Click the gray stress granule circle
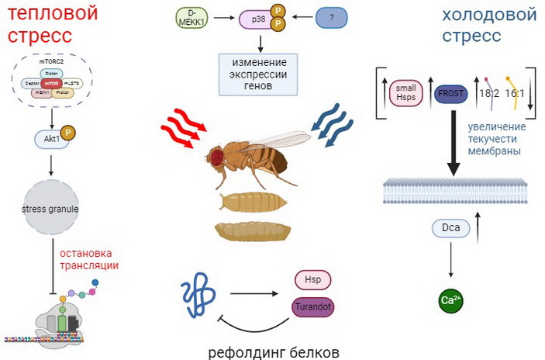[50, 209]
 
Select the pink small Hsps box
[405, 92]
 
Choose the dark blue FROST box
[450, 93]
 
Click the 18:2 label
[489, 94]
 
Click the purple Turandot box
[312, 308]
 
